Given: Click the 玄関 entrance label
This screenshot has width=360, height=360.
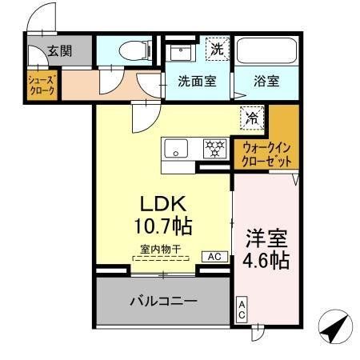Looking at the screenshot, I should pyautogui.click(x=59, y=50).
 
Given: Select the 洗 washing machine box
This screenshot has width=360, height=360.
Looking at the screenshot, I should pyautogui.click(x=217, y=48).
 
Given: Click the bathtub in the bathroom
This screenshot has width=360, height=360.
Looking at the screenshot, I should pyautogui.click(x=266, y=50).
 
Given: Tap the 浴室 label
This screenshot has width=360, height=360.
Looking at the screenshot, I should pyautogui.click(x=267, y=81).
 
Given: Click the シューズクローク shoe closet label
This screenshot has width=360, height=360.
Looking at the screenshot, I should pyautogui.click(x=42, y=86).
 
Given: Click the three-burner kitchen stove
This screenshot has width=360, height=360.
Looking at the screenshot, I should pyautogui.click(x=214, y=148).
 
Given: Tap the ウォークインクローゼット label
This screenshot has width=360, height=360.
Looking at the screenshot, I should pyautogui.click(x=266, y=154).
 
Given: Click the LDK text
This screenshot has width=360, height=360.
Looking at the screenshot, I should pyautogui.click(x=164, y=203).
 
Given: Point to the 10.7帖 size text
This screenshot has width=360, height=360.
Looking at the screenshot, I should pyautogui.click(x=164, y=224).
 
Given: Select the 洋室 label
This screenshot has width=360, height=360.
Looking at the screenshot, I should pyautogui.click(x=267, y=238).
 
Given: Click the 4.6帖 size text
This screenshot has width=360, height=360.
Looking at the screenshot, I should pyautogui.click(x=267, y=260).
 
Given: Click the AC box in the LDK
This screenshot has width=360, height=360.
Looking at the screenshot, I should pyautogui.click(x=214, y=257).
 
